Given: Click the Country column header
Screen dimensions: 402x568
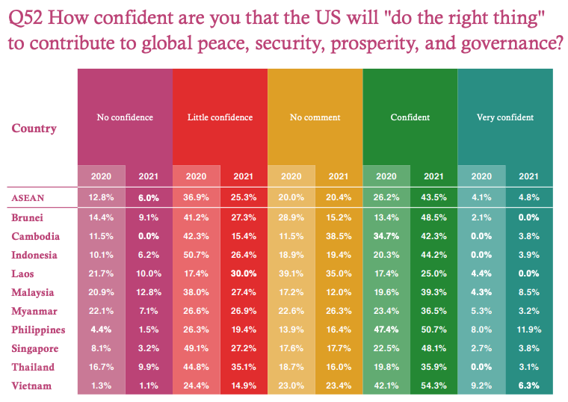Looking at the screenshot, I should (x=34, y=129).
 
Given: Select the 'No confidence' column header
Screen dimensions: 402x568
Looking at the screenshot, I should (x=125, y=117).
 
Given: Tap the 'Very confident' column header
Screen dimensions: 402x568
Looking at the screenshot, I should (x=505, y=117).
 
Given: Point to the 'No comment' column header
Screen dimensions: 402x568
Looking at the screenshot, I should (x=315, y=117).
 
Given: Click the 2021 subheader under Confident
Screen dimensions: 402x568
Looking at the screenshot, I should (x=433, y=176).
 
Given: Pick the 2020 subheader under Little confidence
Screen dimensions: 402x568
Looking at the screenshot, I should (x=196, y=176).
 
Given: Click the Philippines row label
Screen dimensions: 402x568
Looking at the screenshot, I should (x=38, y=330).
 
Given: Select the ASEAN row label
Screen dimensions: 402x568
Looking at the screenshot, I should (x=28, y=197).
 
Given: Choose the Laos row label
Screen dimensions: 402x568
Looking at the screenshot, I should (x=24, y=273).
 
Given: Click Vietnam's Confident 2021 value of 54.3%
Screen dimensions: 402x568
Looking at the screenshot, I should (x=433, y=386).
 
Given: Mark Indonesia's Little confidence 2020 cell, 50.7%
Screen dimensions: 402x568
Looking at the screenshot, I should (x=196, y=255).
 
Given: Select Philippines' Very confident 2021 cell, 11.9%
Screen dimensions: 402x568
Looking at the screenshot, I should (x=528, y=330).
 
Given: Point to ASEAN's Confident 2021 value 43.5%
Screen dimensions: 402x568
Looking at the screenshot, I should (x=433, y=198).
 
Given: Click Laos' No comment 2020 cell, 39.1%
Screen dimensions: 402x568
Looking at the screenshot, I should (x=291, y=273).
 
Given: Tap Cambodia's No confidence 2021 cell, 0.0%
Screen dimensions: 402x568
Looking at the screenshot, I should (x=148, y=236).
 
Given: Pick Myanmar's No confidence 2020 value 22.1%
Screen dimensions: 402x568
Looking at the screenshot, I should (x=101, y=311).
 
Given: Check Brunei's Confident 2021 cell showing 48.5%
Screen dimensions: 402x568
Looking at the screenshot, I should (x=433, y=217).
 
